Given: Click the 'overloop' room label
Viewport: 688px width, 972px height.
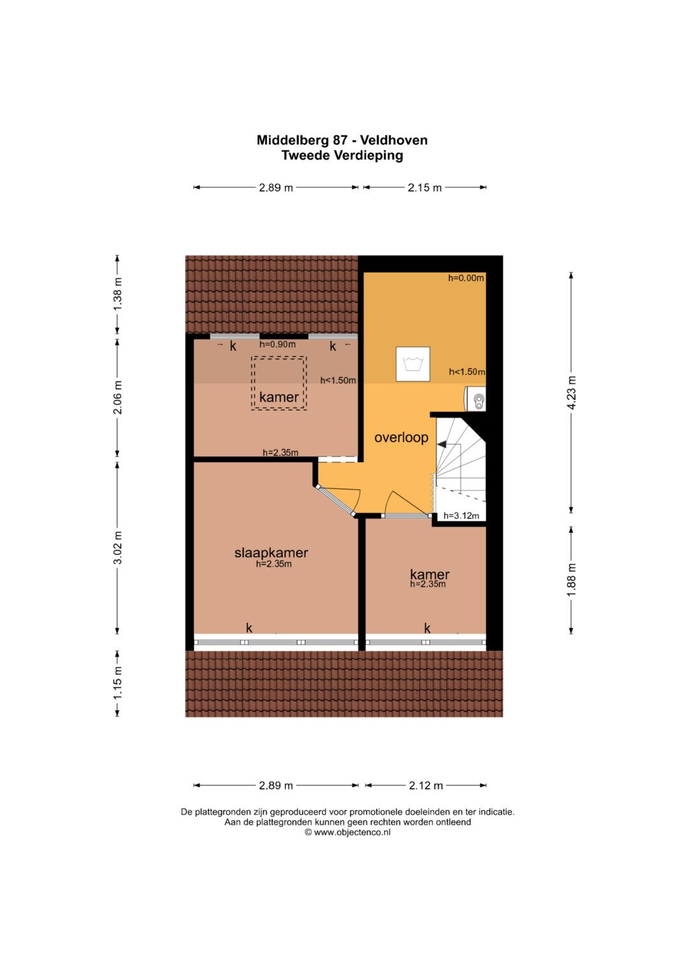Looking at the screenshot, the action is (x=401, y=438).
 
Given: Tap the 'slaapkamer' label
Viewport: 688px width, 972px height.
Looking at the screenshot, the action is (x=271, y=553).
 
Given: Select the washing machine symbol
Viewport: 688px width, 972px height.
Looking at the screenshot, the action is (x=413, y=364).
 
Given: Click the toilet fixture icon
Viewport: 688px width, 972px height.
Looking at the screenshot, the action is (x=475, y=398).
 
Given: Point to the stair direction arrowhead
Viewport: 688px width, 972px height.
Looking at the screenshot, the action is (x=442, y=444).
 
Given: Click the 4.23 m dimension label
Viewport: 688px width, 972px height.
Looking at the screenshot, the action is (x=571, y=392).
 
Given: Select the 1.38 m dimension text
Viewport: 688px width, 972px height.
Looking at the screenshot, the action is (x=117, y=294).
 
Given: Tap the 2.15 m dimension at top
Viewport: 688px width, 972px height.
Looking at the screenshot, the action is (x=424, y=187).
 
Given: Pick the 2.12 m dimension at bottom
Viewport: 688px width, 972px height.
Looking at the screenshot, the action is (x=426, y=785).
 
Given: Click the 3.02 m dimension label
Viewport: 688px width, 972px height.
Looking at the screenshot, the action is (x=117, y=547).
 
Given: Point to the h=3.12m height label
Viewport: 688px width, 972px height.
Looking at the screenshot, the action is (x=461, y=516).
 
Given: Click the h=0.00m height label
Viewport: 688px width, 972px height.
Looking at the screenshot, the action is (x=466, y=278).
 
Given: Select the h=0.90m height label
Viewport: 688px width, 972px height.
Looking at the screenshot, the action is (x=278, y=344).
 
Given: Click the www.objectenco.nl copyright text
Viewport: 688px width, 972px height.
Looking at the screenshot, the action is (x=347, y=832).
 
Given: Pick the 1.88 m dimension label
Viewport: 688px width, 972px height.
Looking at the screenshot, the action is (x=571, y=580).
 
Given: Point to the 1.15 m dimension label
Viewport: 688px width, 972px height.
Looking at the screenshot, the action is (x=117, y=683).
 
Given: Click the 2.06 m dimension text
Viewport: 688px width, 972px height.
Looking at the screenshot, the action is (x=117, y=397).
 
